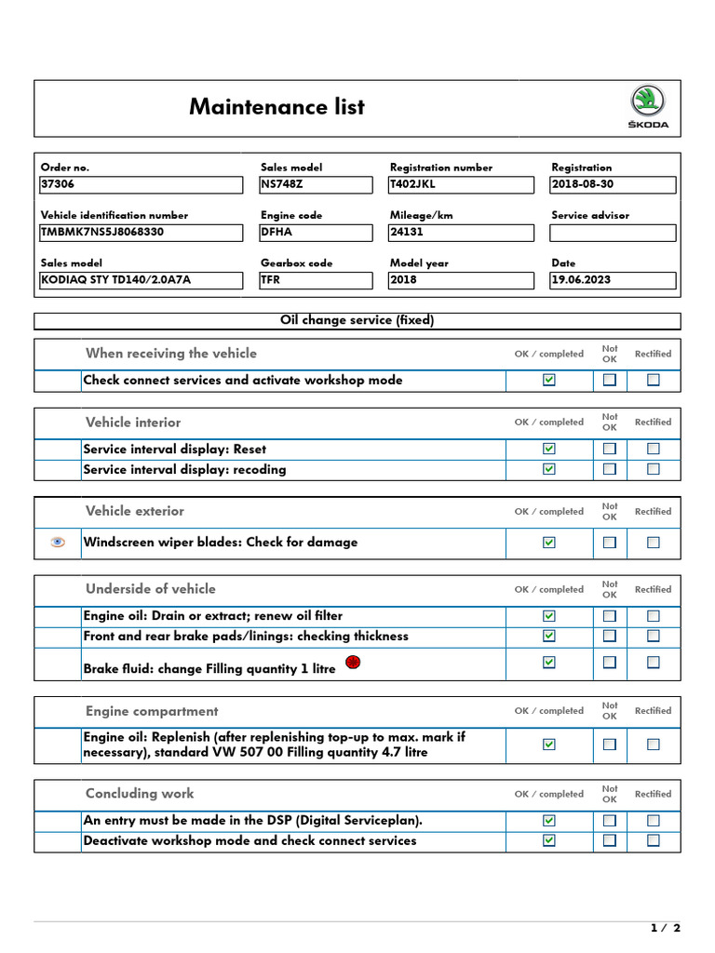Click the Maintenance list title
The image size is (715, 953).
point(277,107)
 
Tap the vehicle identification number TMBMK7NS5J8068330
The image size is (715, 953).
point(141,232)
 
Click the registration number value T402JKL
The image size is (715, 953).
point(461,184)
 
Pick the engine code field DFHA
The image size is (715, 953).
point(316,232)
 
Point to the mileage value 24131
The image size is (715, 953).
point(461,232)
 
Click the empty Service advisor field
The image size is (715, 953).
point(613,232)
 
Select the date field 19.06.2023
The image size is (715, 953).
point(613,279)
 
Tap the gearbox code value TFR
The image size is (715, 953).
point(316,279)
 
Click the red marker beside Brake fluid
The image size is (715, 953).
point(353,663)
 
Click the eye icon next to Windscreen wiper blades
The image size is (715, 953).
point(58,542)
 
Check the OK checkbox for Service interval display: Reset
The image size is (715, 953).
point(549,449)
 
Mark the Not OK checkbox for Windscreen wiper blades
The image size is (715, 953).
point(610,542)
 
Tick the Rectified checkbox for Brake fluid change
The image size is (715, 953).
point(654,662)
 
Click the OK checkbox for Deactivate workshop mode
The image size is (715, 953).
point(549,840)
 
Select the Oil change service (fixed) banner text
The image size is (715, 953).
point(357,320)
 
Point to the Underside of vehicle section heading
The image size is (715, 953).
point(150,588)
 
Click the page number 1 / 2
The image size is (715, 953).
point(665,928)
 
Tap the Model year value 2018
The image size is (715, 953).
point(461,279)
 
